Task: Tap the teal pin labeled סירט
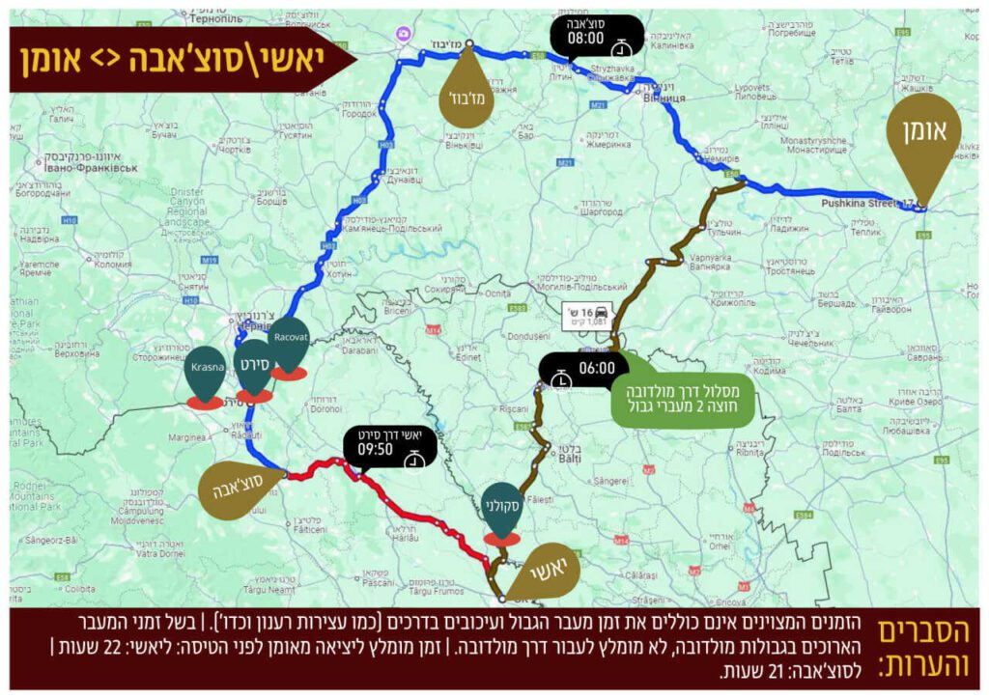click(254, 366)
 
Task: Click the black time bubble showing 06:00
click(582, 370)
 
